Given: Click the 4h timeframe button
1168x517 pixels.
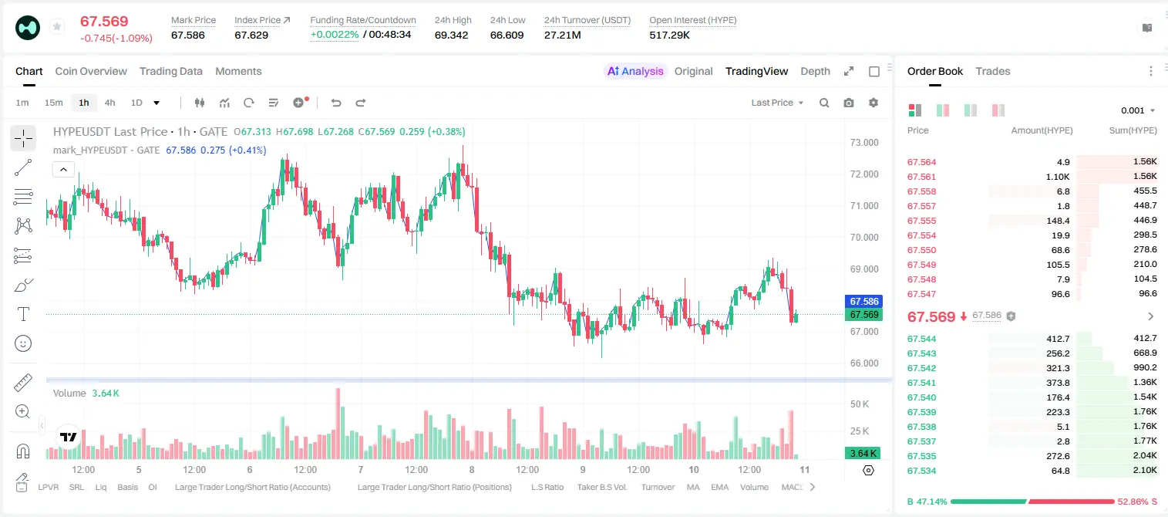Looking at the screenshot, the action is tap(109, 103).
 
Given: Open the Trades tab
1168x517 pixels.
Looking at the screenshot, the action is tap(993, 72).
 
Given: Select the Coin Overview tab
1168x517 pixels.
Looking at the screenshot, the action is tap(91, 72).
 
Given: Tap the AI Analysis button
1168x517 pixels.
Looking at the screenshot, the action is tap(635, 72).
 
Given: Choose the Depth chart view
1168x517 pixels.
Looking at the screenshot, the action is tap(815, 72).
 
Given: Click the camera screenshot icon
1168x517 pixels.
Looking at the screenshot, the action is tap(849, 103).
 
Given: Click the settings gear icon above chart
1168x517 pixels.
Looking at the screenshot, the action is tap(873, 103).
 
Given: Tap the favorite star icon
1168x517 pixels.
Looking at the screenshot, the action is tap(57, 26).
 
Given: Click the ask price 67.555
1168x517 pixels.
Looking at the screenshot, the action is tap(921, 221).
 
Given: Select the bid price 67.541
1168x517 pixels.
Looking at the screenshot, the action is tap(921, 383).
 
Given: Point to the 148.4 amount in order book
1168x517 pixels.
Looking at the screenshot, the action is tap(1058, 221).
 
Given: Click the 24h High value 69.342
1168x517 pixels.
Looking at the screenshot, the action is tap(451, 35).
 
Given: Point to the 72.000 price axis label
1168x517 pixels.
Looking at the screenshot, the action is tap(864, 174).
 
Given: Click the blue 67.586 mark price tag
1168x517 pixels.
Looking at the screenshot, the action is tap(863, 301).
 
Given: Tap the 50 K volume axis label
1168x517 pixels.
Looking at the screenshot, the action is tap(860, 404).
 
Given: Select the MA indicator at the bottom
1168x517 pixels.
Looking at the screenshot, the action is tap(693, 487).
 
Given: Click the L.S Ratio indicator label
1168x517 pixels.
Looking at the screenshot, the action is tap(547, 487).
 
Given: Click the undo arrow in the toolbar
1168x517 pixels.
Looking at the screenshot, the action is tap(336, 103).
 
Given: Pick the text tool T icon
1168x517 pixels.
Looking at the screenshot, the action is tap(23, 314).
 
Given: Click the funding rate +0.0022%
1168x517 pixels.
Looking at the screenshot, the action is tap(335, 35).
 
